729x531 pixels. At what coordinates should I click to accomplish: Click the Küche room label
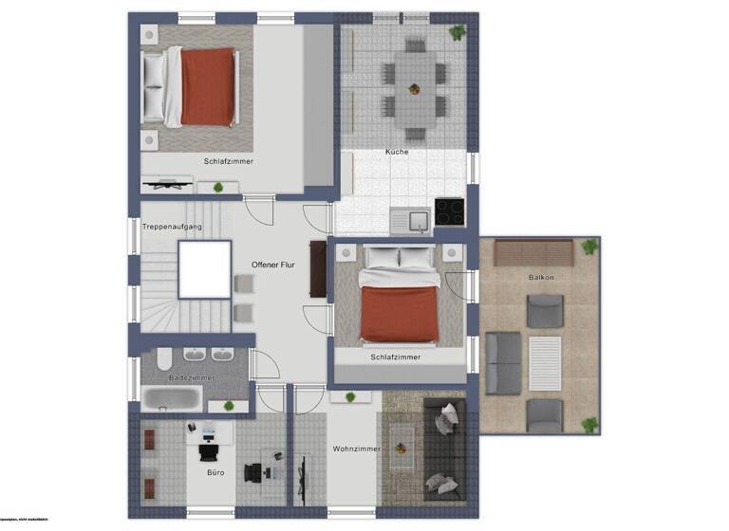coord(396,152)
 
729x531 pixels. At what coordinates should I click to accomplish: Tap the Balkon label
coord(541,276)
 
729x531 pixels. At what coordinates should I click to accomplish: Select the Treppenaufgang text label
coord(172,227)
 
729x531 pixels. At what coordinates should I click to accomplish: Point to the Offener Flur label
coord(273,265)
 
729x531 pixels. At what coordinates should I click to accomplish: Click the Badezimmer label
coord(192,377)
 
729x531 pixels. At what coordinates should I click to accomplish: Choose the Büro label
coord(215,471)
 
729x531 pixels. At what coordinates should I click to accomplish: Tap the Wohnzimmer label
coord(356,449)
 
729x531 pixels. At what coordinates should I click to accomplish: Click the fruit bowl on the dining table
coord(413,90)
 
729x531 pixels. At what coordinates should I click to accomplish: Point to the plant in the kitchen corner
coord(458,32)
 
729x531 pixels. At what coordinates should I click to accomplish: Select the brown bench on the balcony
coord(533,252)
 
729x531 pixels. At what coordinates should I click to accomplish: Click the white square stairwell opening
coord(204,269)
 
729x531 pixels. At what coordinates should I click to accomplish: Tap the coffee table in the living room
coord(402,447)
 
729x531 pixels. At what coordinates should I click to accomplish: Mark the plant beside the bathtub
coord(228,406)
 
